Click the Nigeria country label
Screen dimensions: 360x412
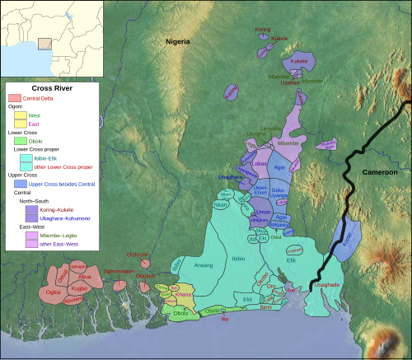pos(177,41)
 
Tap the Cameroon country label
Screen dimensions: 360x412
pos(379,172)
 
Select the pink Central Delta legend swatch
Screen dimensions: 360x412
pos(14,98)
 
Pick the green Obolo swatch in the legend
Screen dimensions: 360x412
pos(22,142)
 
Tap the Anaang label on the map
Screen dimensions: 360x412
pos(202,265)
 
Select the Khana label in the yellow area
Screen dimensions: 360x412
pos(184,294)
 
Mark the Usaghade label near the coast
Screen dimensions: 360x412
pos(326,283)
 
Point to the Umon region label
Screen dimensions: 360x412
pos(264,213)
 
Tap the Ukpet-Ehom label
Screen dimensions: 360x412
pos(260,190)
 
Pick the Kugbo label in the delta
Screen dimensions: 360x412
pos(79,289)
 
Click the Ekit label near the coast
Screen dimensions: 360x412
pos(247,300)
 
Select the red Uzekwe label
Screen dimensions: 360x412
pos(290,82)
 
